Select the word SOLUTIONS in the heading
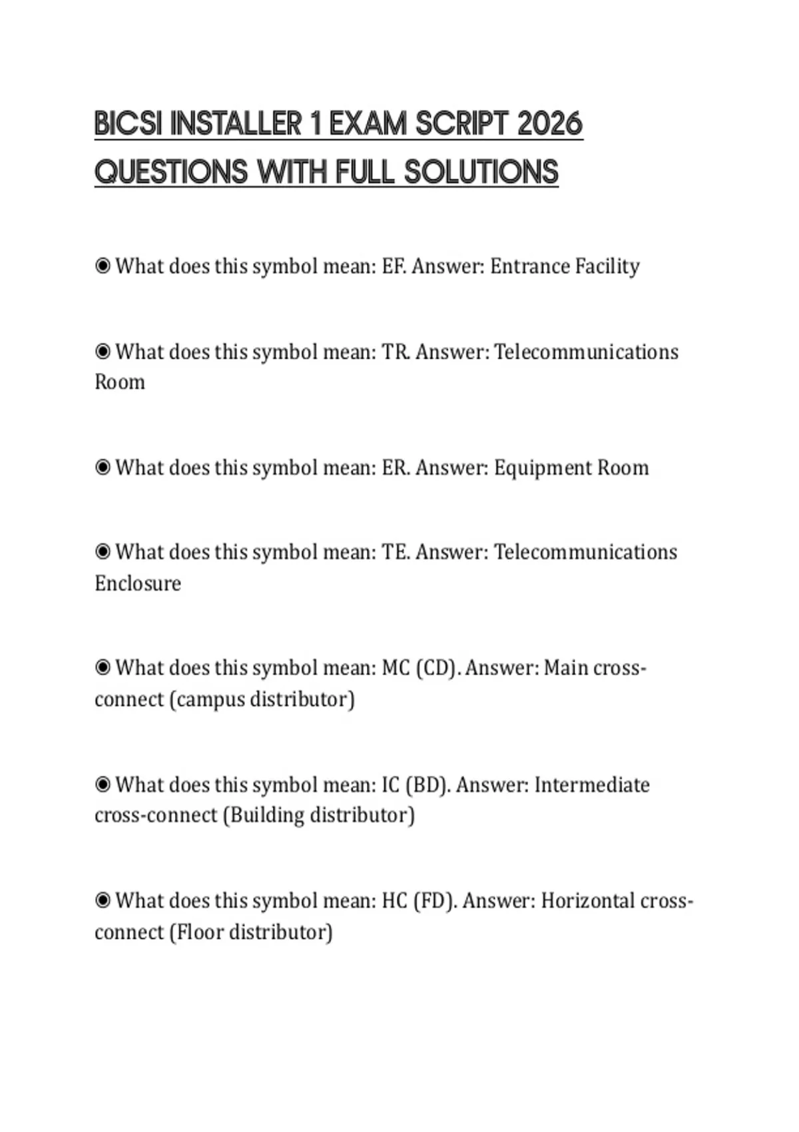click(x=481, y=172)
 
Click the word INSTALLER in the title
click(x=236, y=124)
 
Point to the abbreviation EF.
click(x=394, y=266)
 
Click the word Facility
click(x=607, y=266)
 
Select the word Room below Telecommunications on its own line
click(x=120, y=382)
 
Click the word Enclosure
click(x=138, y=583)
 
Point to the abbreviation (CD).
click(x=437, y=668)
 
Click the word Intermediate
click(x=592, y=784)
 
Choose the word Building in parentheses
click(x=264, y=815)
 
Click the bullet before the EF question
click(x=103, y=266)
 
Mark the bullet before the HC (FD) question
click(x=103, y=901)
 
